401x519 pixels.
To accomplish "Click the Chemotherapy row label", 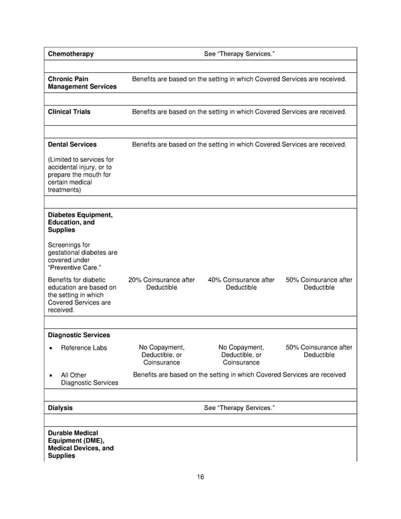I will pos(71,54).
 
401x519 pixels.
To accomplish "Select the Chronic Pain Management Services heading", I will pos(82,83).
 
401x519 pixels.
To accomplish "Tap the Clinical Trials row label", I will pos(69,112).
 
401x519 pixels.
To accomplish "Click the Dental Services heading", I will pos(72,144).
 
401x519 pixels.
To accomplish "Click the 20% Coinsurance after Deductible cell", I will pos(161,284).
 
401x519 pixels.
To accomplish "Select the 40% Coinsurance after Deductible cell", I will pos(241,284).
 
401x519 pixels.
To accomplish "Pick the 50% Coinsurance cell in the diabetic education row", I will pos(319,284).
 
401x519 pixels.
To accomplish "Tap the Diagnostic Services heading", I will pos(79,335).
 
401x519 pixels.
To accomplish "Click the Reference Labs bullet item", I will pos(84,348).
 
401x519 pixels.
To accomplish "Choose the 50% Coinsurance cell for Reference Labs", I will pos(319,351).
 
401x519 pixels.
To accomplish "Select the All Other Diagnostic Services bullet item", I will pos(89,379).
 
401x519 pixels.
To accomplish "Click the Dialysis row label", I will pos(60,408).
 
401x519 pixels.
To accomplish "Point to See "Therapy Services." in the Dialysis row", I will pos(239,408).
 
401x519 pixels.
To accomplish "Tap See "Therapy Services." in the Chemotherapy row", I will pos(239,54).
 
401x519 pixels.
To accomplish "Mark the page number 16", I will pos(200,477).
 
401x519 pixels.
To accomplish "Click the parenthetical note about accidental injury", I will pos(81,175).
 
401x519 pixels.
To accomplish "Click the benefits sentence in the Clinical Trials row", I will pos(239,112).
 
